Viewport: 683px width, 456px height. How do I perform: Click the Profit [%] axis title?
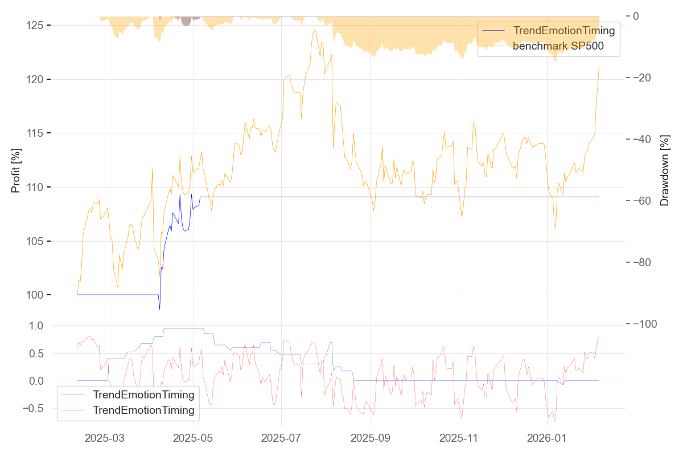point(16,170)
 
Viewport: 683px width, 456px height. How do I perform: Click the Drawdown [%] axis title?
point(664,170)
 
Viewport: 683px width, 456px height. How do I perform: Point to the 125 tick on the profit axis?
point(38,26)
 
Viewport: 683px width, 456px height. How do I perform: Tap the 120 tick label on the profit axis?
point(38,79)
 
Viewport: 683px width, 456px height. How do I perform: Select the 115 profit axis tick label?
point(38,133)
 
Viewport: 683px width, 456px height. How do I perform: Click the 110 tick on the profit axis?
point(38,187)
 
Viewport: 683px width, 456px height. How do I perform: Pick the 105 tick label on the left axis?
point(38,241)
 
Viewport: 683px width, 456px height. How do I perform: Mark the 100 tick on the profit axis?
point(38,295)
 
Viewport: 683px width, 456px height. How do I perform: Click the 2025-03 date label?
point(105,438)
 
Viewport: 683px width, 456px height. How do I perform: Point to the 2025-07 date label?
point(282,438)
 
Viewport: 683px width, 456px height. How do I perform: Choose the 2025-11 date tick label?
point(459,438)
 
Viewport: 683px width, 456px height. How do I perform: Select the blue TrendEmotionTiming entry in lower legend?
point(143,394)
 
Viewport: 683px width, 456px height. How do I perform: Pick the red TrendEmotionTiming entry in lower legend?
point(143,410)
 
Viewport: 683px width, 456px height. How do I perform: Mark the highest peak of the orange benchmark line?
point(315,30)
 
